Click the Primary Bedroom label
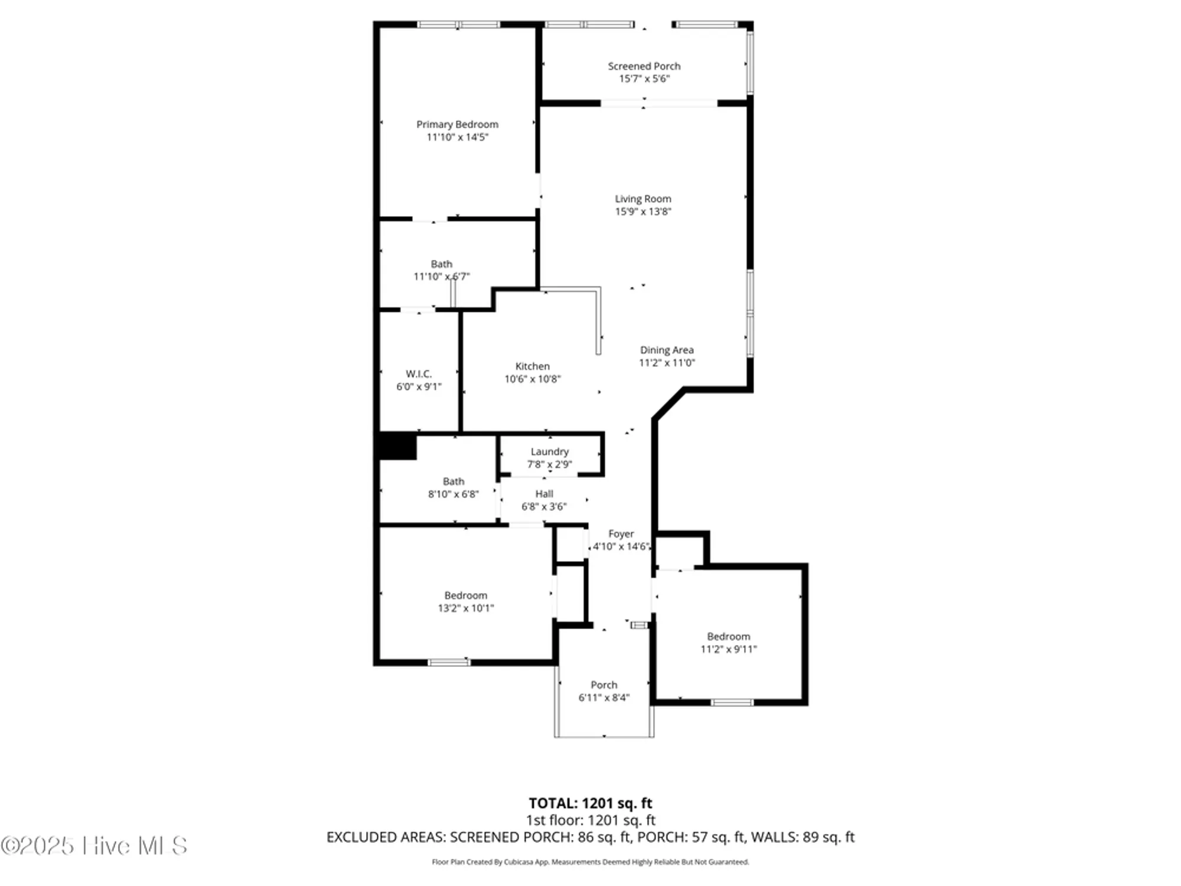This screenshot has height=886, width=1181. point(457,124)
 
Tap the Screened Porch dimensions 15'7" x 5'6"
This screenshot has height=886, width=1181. point(644,79)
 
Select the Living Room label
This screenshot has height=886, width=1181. point(642,199)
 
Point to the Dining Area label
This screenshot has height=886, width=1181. point(667,350)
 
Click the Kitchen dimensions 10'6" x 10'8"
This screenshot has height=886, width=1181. point(532,379)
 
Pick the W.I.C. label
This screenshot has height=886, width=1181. point(419,374)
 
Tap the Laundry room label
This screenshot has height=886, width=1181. point(549,451)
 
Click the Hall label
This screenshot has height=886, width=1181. point(544,494)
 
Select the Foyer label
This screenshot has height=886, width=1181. point(621,533)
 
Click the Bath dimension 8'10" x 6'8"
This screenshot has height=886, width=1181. point(453,494)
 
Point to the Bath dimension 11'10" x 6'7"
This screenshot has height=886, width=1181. point(441,276)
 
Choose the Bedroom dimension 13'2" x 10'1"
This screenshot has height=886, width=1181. point(465,608)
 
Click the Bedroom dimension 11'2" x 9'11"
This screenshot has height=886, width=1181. point(728,649)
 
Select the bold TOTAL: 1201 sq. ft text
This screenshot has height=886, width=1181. point(590,803)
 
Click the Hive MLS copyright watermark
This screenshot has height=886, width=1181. point(94,846)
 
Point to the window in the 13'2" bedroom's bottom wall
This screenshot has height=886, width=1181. point(449,662)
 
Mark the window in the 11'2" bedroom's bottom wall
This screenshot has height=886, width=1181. point(732,702)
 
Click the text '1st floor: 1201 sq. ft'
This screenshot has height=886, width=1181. point(590,820)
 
